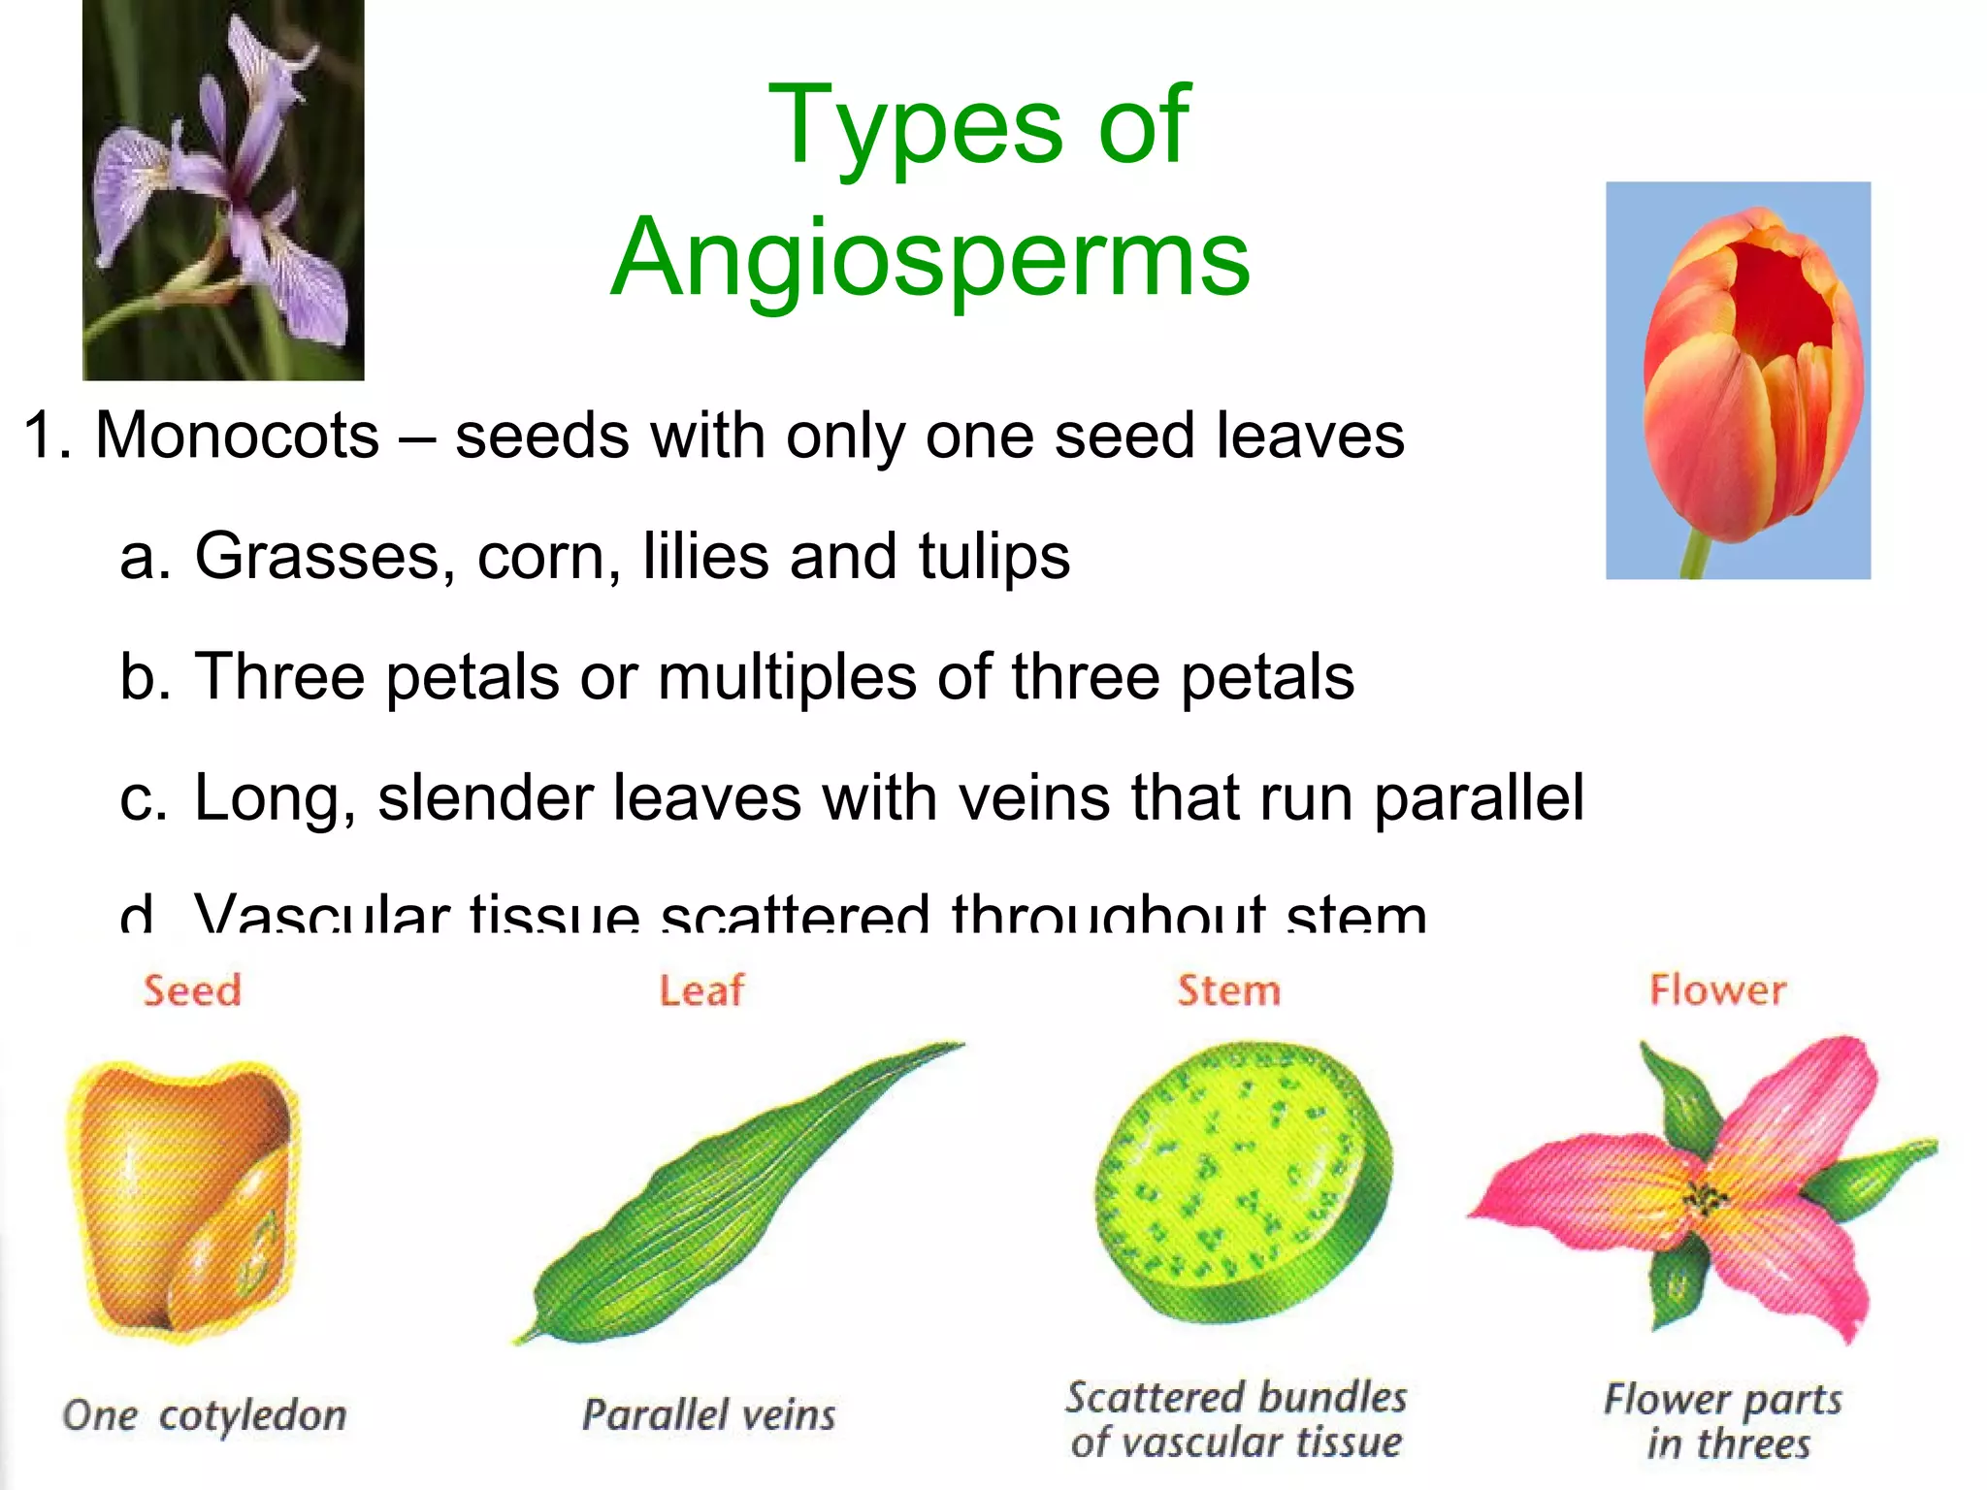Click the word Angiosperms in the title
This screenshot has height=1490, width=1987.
(x=930, y=258)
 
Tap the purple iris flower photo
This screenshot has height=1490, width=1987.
(x=223, y=189)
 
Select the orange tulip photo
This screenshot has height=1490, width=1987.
(x=1737, y=380)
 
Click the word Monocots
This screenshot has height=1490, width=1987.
(x=237, y=436)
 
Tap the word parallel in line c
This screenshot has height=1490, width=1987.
(x=1479, y=797)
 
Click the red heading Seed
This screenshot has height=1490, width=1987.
(x=192, y=990)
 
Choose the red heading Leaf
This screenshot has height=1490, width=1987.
(x=701, y=990)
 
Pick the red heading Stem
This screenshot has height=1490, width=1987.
(x=1228, y=990)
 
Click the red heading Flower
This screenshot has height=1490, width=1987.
(x=1717, y=990)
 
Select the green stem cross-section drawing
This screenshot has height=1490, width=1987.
(x=1242, y=1183)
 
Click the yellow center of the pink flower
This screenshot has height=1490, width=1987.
(x=1705, y=1201)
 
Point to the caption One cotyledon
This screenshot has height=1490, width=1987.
(x=205, y=1415)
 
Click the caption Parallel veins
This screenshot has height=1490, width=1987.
(x=708, y=1415)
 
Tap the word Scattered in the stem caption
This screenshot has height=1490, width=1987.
(x=1143, y=1398)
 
